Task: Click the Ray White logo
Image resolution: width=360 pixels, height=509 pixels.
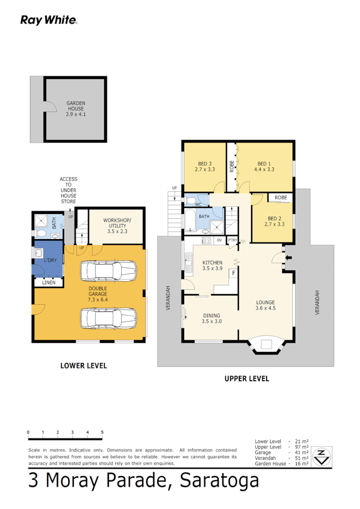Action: click(49, 20)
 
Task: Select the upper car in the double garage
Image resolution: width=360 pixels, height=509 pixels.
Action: click(108, 270)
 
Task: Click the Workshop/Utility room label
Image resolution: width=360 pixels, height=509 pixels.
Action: click(118, 223)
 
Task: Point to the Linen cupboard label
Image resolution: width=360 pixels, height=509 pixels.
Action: click(48, 282)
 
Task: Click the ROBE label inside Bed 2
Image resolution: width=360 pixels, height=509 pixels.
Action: click(280, 198)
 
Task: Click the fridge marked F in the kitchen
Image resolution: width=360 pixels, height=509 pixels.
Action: click(233, 273)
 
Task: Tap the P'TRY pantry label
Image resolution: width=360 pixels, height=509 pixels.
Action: click(233, 240)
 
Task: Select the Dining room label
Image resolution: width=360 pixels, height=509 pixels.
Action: click(211, 316)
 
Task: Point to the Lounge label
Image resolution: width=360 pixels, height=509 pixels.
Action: click(266, 302)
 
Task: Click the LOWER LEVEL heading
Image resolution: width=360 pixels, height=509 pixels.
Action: click(83, 366)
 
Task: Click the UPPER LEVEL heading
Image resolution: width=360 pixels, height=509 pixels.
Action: click(247, 379)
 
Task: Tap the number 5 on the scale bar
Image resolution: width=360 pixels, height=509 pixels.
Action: click(102, 432)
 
